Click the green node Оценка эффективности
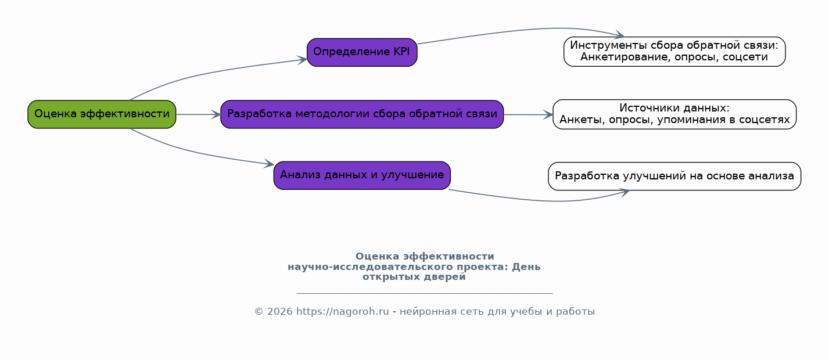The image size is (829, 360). pyautogui.click(x=102, y=114)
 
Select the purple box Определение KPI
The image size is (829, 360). pyautogui.click(x=362, y=52)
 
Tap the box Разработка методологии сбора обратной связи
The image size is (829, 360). pyautogui.click(x=362, y=114)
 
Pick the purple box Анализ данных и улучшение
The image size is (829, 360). pyautogui.click(x=362, y=175)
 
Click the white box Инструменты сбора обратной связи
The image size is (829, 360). pyautogui.click(x=674, y=52)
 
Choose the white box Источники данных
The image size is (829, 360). pyautogui.click(x=674, y=114)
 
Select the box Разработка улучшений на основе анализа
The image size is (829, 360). pyautogui.click(x=674, y=176)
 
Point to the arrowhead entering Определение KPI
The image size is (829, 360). pyautogui.click(x=302, y=60)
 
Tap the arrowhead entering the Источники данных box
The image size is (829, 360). pyautogui.click(x=548, y=115)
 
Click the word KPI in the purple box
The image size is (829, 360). pyautogui.click(x=401, y=52)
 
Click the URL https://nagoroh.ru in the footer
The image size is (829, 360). pyautogui.click(x=342, y=312)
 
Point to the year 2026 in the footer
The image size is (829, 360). pyautogui.click(x=280, y=312)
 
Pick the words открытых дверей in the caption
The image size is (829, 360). pyautogui.click(x=414, y=277)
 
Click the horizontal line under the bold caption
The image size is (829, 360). pyautogui.click(x=425, y=293)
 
